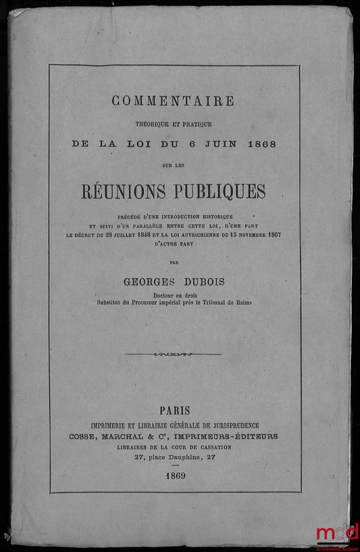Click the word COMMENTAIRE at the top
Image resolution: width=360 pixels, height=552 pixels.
173,101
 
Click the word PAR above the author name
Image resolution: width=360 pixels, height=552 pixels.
174,261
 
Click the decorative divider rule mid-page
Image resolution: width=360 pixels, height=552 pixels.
173,354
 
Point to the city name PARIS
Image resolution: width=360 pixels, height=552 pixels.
174,410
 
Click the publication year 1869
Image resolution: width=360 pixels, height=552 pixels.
174,476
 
